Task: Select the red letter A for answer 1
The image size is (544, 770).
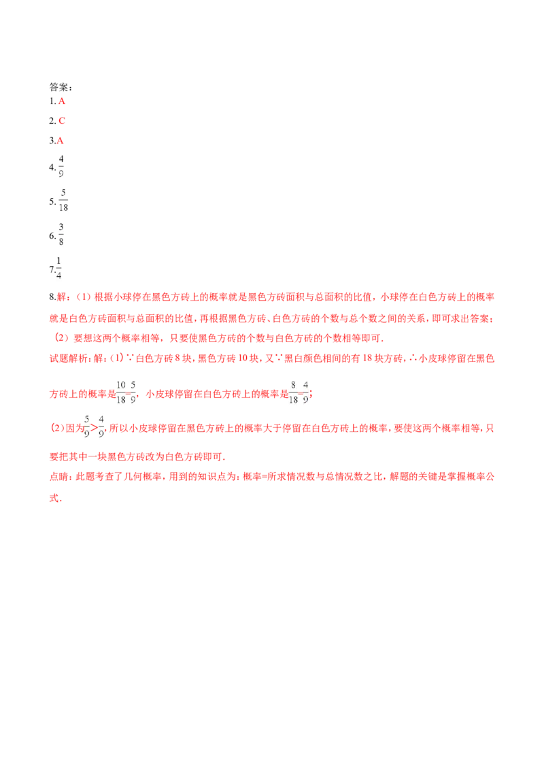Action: (62, 101)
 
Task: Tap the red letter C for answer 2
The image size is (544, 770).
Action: (62, 121)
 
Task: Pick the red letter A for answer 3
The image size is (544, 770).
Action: (60, 140)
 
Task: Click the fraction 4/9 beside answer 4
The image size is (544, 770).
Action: (61, 166)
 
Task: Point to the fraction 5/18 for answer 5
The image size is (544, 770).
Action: (63, 201)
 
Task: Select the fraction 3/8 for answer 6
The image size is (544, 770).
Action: (61, 234)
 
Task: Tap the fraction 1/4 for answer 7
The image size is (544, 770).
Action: (59, 268)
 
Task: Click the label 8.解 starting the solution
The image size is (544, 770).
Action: (58, 297)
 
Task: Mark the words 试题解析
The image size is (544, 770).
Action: (68, 358)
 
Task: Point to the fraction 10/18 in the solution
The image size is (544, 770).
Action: (121, 392)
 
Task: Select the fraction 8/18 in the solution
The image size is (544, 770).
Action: (293, 392)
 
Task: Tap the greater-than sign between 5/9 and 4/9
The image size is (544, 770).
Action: (94, 428)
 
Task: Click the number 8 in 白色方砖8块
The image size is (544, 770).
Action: (177, 358)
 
